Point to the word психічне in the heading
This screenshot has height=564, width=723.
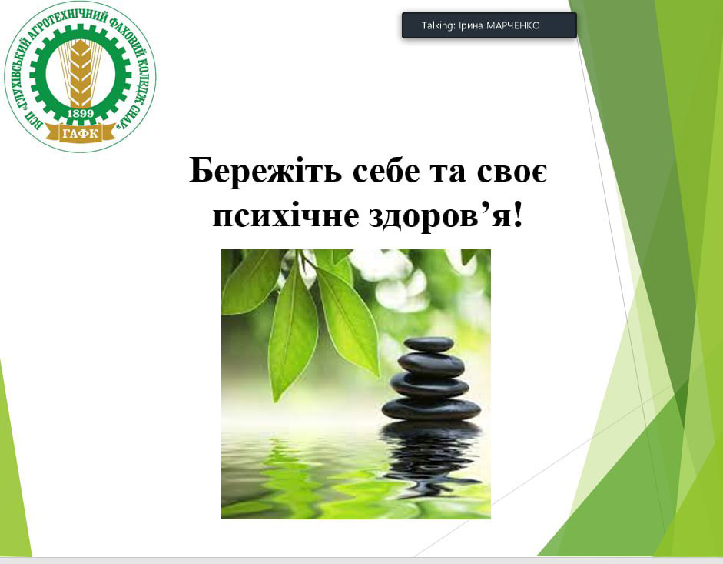pos(285,216)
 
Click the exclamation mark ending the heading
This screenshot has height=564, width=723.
pos(519,213)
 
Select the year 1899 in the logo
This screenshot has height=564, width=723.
pos(80,113)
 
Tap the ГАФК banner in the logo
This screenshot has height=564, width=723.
pos(80,133)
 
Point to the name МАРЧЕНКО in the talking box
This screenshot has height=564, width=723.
pos(512,25)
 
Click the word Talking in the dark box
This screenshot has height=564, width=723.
pos(438,25)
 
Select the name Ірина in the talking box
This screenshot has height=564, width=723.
pos(470,25)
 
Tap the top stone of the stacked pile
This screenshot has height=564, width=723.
pos(429,344)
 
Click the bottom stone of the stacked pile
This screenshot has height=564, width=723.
pos(431,409)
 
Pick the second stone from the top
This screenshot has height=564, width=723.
pos(431,364)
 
